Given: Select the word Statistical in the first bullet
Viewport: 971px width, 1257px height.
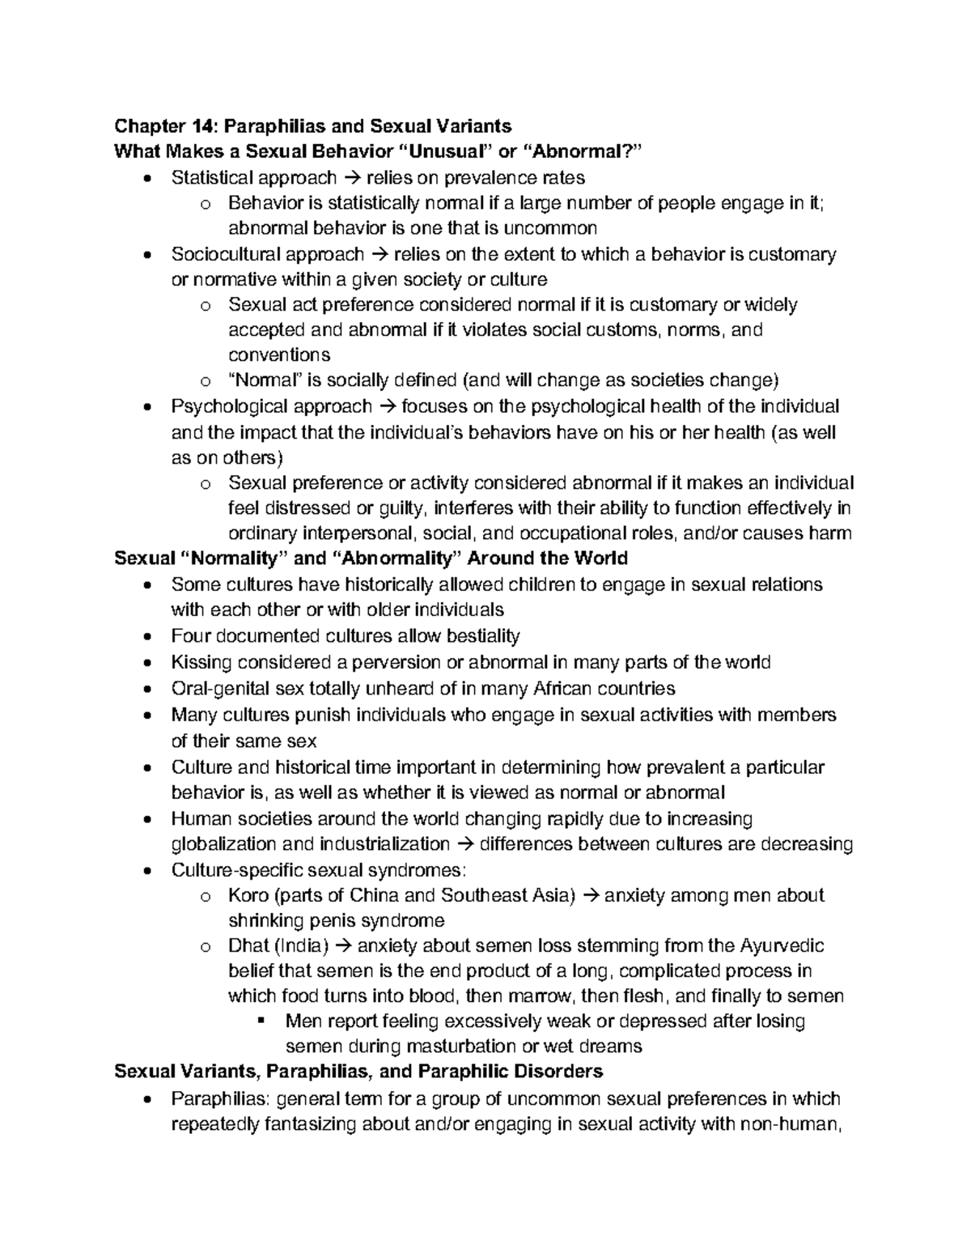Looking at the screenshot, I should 213,176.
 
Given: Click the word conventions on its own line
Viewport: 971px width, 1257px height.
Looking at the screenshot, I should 279,355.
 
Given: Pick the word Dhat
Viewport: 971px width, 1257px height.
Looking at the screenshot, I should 248,945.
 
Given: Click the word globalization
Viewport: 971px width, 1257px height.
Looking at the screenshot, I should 223,844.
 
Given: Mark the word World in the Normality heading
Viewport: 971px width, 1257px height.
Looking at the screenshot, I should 598,558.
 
